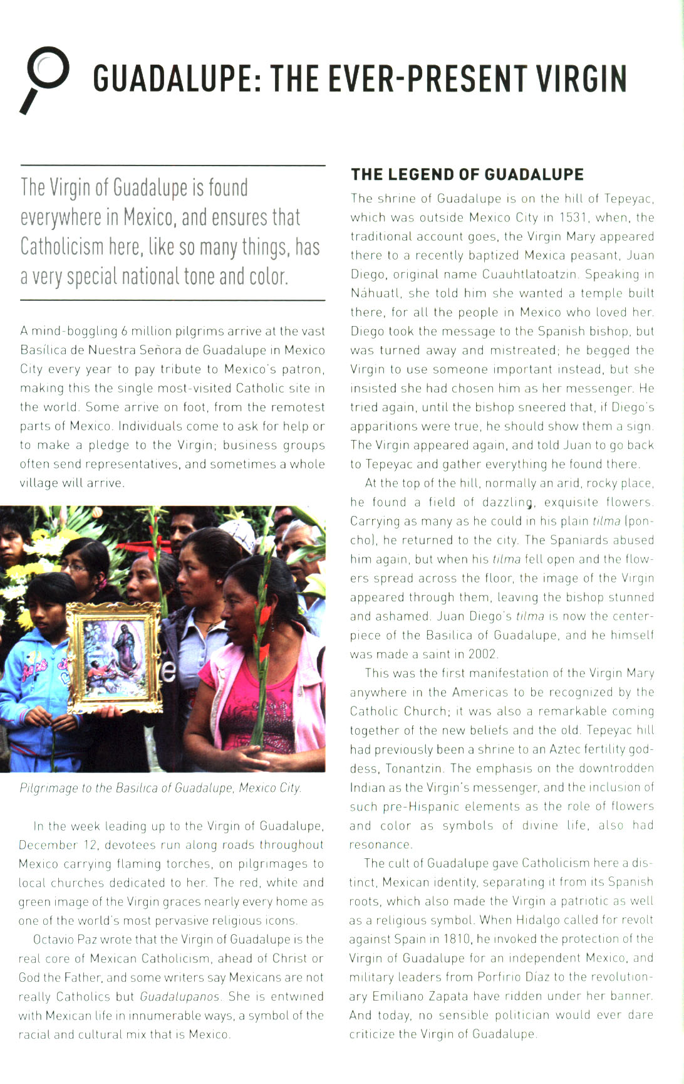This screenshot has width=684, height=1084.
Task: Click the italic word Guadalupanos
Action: point(180,996)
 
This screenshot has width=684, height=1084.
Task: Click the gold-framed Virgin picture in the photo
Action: point(115,658)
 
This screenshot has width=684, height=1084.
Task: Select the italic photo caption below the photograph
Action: point(160,788)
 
